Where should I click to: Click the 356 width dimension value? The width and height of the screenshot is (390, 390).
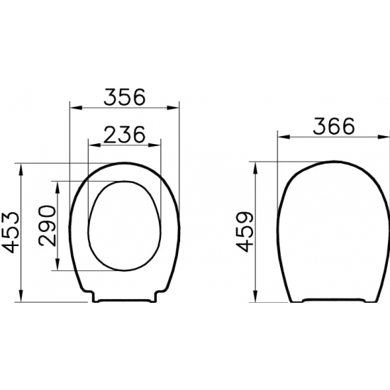124,96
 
